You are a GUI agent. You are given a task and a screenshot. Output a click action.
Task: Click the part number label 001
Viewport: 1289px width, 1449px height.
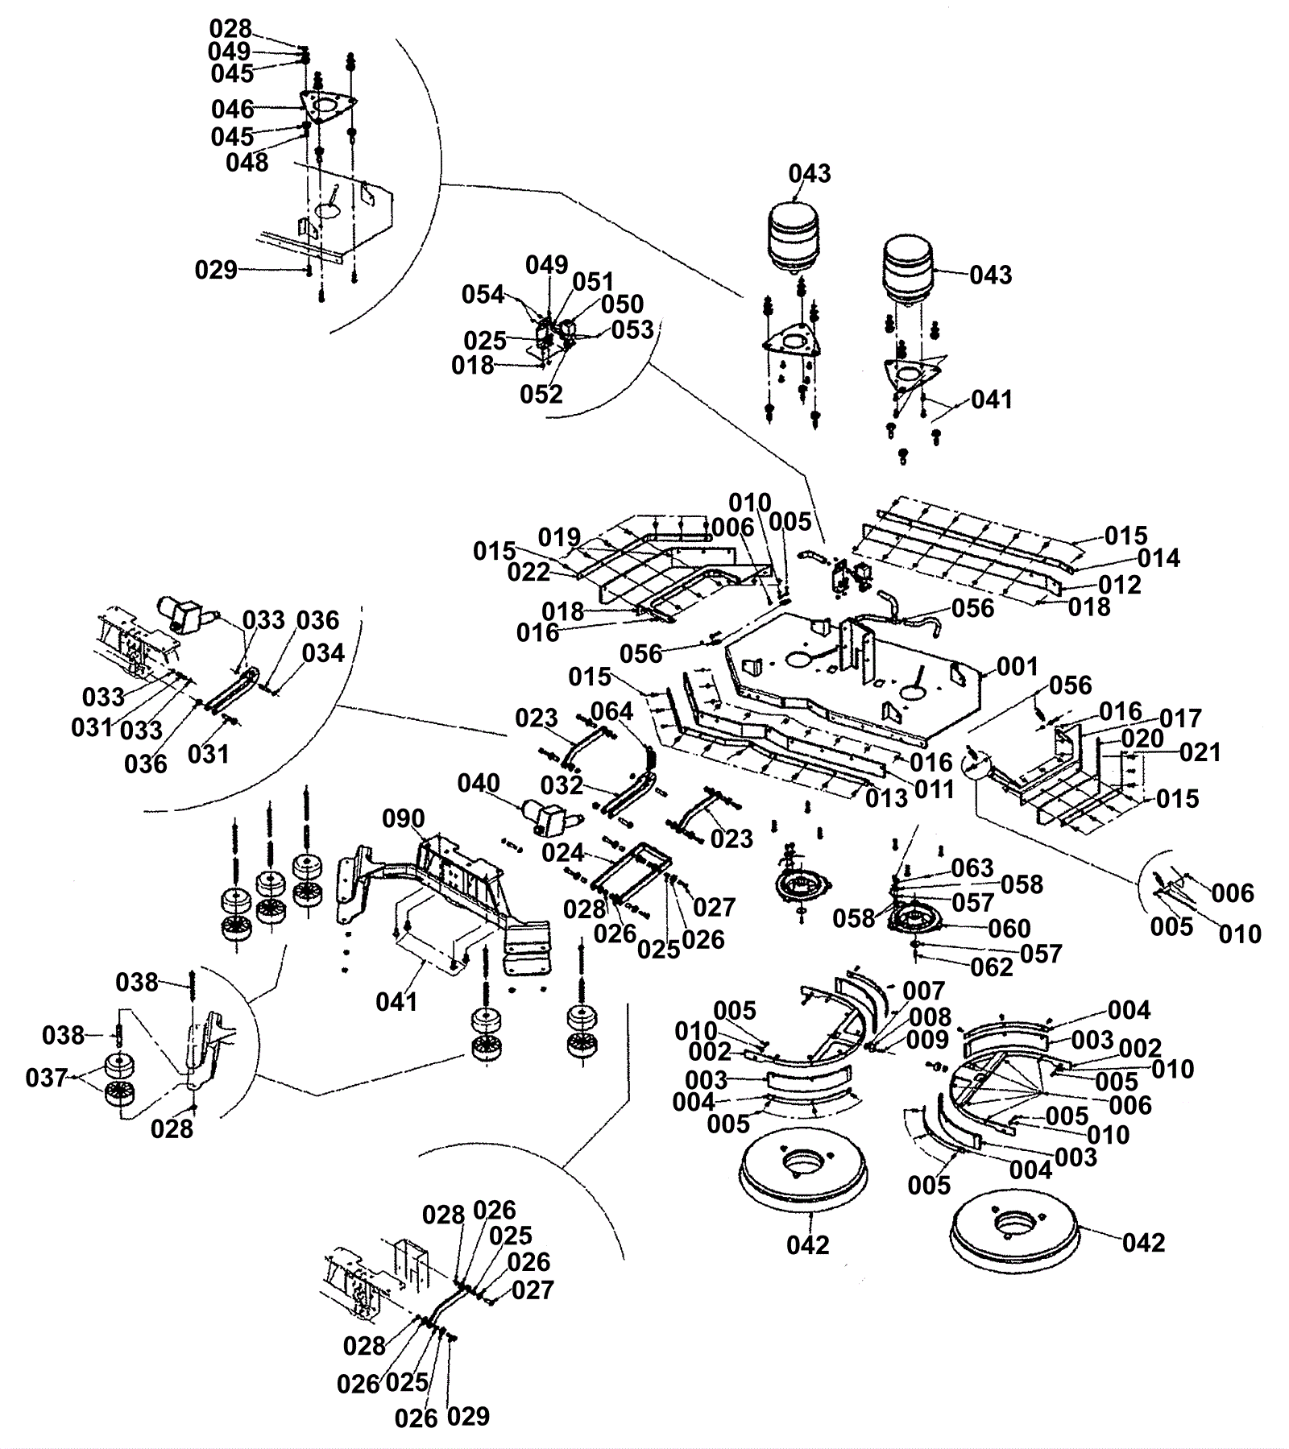click(x=1018, y=667)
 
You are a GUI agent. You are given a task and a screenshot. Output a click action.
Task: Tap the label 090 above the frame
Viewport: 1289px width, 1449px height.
click(x=403, y=819)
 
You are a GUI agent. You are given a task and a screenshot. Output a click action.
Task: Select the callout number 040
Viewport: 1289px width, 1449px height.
click(x=479, y=783)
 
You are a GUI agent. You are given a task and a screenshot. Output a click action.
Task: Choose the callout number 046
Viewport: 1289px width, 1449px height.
click(x=232, y=109)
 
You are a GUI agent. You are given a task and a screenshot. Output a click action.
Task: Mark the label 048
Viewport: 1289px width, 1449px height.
click(x=247, y=162)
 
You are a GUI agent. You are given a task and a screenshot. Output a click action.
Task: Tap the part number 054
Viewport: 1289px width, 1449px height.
click(x=483, y=295)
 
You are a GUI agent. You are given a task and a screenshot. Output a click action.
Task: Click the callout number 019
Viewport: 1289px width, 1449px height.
click(x=559, y=537)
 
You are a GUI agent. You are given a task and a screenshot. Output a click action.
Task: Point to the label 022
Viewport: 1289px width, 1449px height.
click(x=528, y=572)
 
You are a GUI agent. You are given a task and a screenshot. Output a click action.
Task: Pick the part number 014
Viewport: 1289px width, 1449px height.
click(x=1158, y=558)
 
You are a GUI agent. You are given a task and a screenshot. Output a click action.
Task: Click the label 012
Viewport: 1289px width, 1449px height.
click(x=1120, y=585)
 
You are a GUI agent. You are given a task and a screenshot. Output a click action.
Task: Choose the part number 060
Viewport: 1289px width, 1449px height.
click(x=1009, y=928)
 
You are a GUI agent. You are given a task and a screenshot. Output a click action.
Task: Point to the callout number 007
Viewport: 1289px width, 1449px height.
click(x=923, y=991)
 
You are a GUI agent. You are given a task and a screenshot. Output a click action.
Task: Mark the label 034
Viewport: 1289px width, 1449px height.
click(x=323, y=653)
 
